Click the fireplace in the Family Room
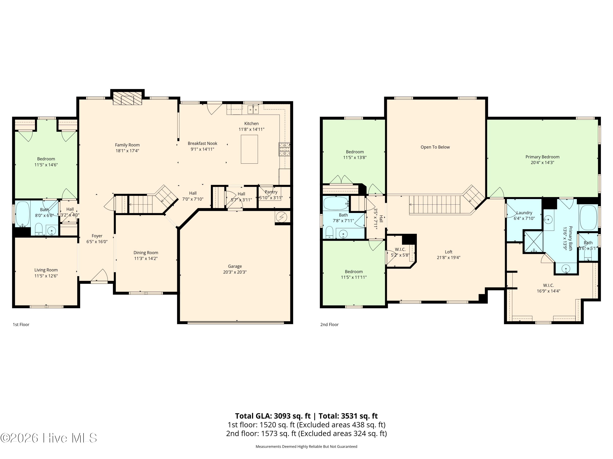(x=128, y=98)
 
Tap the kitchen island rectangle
(x=249, y=149)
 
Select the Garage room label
(x=235, y=266)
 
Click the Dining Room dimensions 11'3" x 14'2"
(x=146, y=258)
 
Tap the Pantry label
(x=271, y=192)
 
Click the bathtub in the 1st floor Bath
(x=23, y=214)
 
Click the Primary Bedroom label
(x=542, y=157)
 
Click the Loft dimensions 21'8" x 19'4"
(x=448, y=257)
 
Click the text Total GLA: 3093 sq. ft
(x=273, y=416)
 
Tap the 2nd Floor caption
(x=329, y=325)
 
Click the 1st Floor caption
(x=21, y=325)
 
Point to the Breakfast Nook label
(x=202, y=143)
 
